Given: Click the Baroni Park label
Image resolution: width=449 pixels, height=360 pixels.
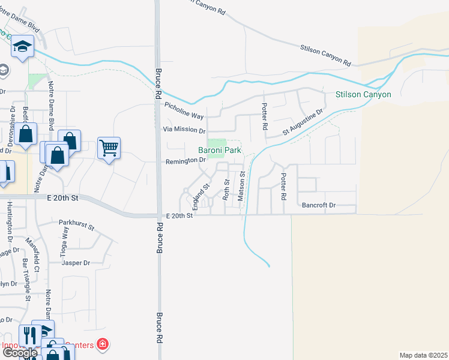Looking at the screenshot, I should pyautogui.click(x=220, y=150).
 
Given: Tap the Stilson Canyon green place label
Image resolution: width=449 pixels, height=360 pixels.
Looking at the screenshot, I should pyautogui.click(x=363, y=94).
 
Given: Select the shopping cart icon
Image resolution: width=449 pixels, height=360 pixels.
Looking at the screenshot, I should pyautogui.click(x=109, y=147).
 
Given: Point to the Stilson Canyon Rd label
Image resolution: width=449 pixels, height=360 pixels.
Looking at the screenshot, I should pyautogui.click(x=326, y=53).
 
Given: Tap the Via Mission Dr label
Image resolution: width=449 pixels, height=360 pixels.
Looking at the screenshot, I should pyautogui.click(x=184, y=130).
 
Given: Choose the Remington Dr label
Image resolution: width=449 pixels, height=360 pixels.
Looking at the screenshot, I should pyautogui.click(x=186, y=161).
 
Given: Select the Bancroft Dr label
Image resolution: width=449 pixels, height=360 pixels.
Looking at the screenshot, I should pyautogui.click(x=319, y=205).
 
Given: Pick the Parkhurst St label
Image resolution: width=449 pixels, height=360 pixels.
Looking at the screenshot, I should pyautogui.click(x=77, y=225).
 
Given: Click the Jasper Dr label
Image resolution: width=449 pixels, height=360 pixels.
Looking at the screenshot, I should pyautogui.click(x=79, y=263).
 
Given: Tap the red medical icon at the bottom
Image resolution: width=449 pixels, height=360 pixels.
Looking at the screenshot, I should pyautogui.click(x=103, y=344).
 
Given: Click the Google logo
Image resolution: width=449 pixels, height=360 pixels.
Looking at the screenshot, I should pyautogui.click(x=20, y=353).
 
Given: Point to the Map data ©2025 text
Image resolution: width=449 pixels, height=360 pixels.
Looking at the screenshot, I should pyautogui.click(x=424, y=355).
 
